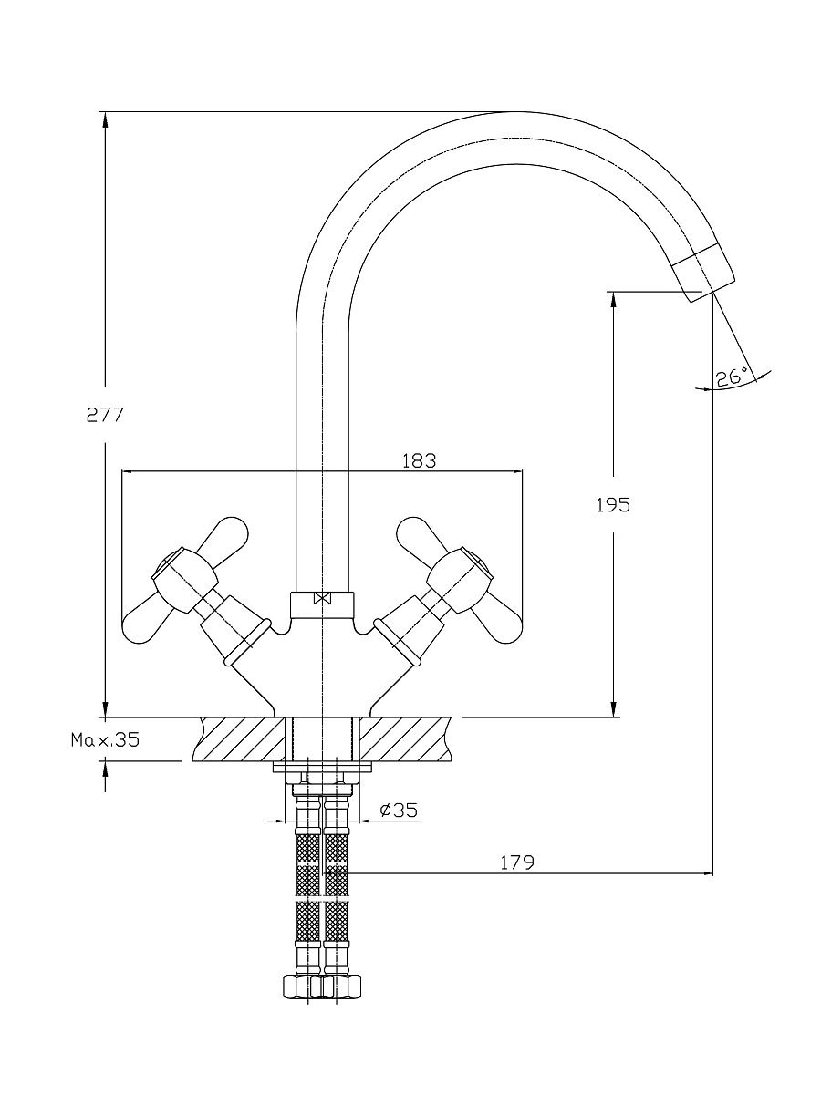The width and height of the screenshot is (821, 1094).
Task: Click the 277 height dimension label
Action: pyautogui.click(x=104, y=415)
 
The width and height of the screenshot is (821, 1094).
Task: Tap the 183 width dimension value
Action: pyautogui.click(x=419, y=460)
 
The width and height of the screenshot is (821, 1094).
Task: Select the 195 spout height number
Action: pyautogui.click(x=612, y=504)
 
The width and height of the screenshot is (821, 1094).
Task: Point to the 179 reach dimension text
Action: pyautogui.click(x=516, y=862)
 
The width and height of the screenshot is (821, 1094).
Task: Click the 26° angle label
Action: pyautogui.click(x=731, y=377)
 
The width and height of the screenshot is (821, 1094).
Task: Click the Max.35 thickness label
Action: pyautogui.click(x=106, y=739)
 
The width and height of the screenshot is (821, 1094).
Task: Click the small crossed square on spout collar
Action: pyautogui.click(x=320, y=600)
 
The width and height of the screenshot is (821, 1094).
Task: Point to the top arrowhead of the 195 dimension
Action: pyautogui.click(x=613, y=298)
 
